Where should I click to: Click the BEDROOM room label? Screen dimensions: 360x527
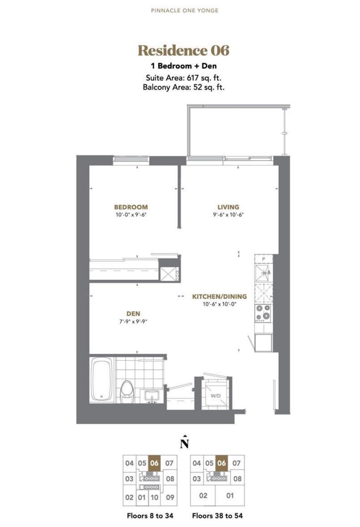(x=131, y=207)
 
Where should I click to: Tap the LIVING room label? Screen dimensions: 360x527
(x=228, y=207)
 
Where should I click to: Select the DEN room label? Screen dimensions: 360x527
(x=133, y=314)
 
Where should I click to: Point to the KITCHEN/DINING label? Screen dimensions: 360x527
(x=220, y=296)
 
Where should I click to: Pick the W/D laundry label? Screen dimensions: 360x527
(x=216, y=396)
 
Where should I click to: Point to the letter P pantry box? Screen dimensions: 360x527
(x=264, y=259)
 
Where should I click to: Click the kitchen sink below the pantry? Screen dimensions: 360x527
(x=264, y=273)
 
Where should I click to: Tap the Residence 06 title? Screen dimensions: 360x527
(x=184, y=50)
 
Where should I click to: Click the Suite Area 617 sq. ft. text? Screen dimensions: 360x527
(x=184, y=77)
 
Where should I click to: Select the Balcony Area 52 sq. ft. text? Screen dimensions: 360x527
(x=184, y=87)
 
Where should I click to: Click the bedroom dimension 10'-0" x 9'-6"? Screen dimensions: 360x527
(x=131, y=214)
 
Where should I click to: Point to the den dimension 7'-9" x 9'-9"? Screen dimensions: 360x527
(x=133, y=321)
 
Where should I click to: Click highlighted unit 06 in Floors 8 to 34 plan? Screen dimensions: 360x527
(x=154, y=463)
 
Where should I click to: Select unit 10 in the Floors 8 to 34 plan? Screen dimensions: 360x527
(x=154, y=497)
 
